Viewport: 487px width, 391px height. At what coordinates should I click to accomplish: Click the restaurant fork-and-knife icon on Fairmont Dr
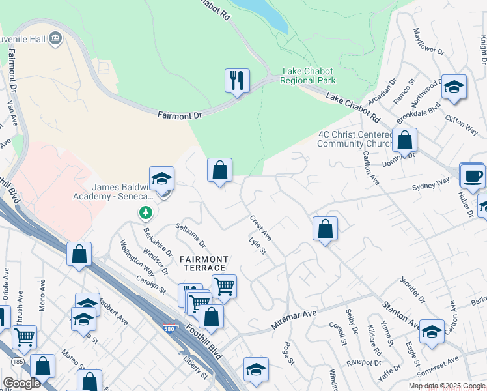[237, 81]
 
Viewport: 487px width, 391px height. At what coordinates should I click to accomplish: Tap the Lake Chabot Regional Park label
[308, 76]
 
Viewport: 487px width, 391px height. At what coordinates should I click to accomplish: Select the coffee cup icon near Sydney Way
[472, 175]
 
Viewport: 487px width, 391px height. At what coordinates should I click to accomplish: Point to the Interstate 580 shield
[169, 328]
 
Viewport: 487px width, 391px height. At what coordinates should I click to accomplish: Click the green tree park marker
[145, 212]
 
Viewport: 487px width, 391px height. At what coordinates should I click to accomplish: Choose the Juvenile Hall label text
[23, 39]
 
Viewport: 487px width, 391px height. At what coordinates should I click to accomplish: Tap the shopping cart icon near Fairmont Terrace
[223, 285]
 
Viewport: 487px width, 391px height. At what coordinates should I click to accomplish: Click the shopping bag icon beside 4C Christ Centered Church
[404, 139]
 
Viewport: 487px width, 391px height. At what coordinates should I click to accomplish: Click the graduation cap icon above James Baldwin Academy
[161, 178]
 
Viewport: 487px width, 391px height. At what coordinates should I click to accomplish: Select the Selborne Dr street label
[190, 237]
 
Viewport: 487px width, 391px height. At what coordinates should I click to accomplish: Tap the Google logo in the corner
[21, 383]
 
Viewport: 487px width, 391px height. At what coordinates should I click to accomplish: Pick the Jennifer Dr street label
[412, 291]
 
